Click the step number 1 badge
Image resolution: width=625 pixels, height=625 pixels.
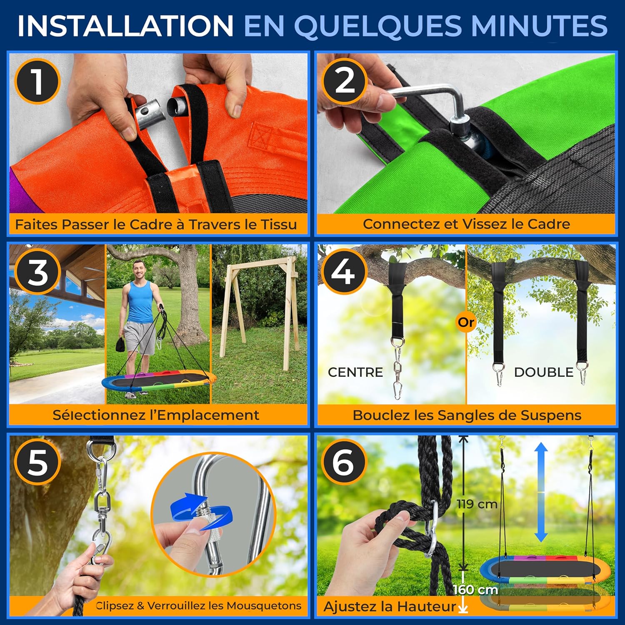point(37,81)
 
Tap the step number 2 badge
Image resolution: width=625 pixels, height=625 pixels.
point(344,81)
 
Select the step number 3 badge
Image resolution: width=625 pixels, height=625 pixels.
point(37,272)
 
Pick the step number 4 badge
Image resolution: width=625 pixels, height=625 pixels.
point(344,272)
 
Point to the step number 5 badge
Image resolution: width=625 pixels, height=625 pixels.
point(37,462)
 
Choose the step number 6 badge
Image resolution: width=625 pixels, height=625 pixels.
point(344,462)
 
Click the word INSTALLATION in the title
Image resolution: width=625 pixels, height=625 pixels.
point(125,25)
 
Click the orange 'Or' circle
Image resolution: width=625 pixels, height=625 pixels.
point(466,322)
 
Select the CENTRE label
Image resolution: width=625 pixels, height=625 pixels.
point(355,372)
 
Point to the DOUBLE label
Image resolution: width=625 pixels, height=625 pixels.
point(544,372)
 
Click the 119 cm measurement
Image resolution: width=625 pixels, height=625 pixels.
point(477,504)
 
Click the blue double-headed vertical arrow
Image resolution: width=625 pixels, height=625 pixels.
point(541,492)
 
